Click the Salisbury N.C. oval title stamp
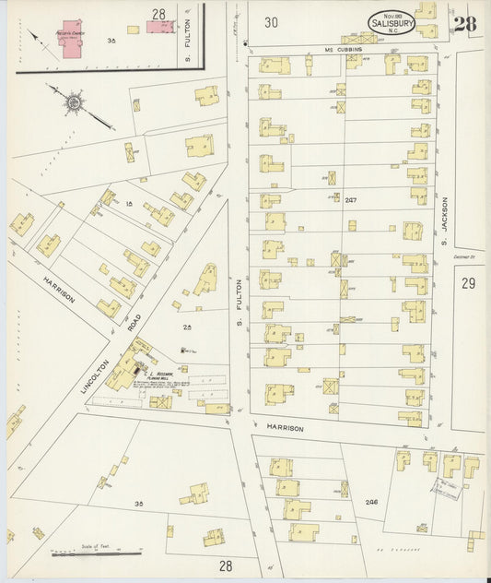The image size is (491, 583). [392, 22]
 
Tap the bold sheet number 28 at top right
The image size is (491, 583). [464, 23]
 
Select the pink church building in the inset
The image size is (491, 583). [70, 41]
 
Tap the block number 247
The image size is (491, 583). [349, 199]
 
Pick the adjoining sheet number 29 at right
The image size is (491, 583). [468, 283]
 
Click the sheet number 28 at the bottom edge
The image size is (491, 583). [226, 565]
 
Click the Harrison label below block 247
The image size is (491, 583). [286, 428]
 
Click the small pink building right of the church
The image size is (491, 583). [159, 25]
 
